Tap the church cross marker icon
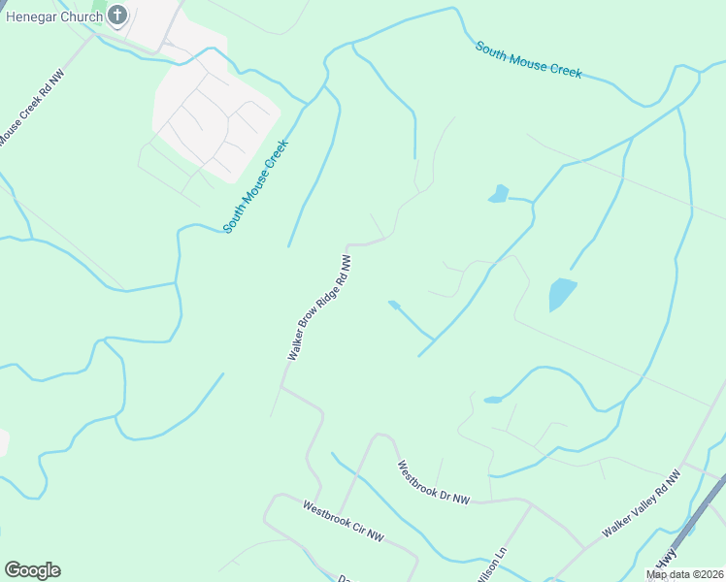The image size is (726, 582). pyautogui.click(x=117, y=16)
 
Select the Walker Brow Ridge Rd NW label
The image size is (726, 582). pyautogui.click(x=318, y=307)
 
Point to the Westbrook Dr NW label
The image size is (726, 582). pyautogui.click(x=433, y=482)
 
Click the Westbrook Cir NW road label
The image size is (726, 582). pyautogui.click(x=344, y=522)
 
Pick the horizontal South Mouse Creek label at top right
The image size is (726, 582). pyautogui.click(x=529, y=59)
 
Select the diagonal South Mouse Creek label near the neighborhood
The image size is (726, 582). pyautogui.click(x=256, y=185)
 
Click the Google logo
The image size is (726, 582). pyautogui.click(x=32, y=570)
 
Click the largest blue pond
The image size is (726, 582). pyautogui.click(x=561, y=294)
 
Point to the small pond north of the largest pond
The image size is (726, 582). pyautogui.click(x=499, y=194)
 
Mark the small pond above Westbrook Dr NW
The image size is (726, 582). pyautogui.click(x=493, y=400)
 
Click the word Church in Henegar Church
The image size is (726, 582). pyautogui.click(x=82, y=16)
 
